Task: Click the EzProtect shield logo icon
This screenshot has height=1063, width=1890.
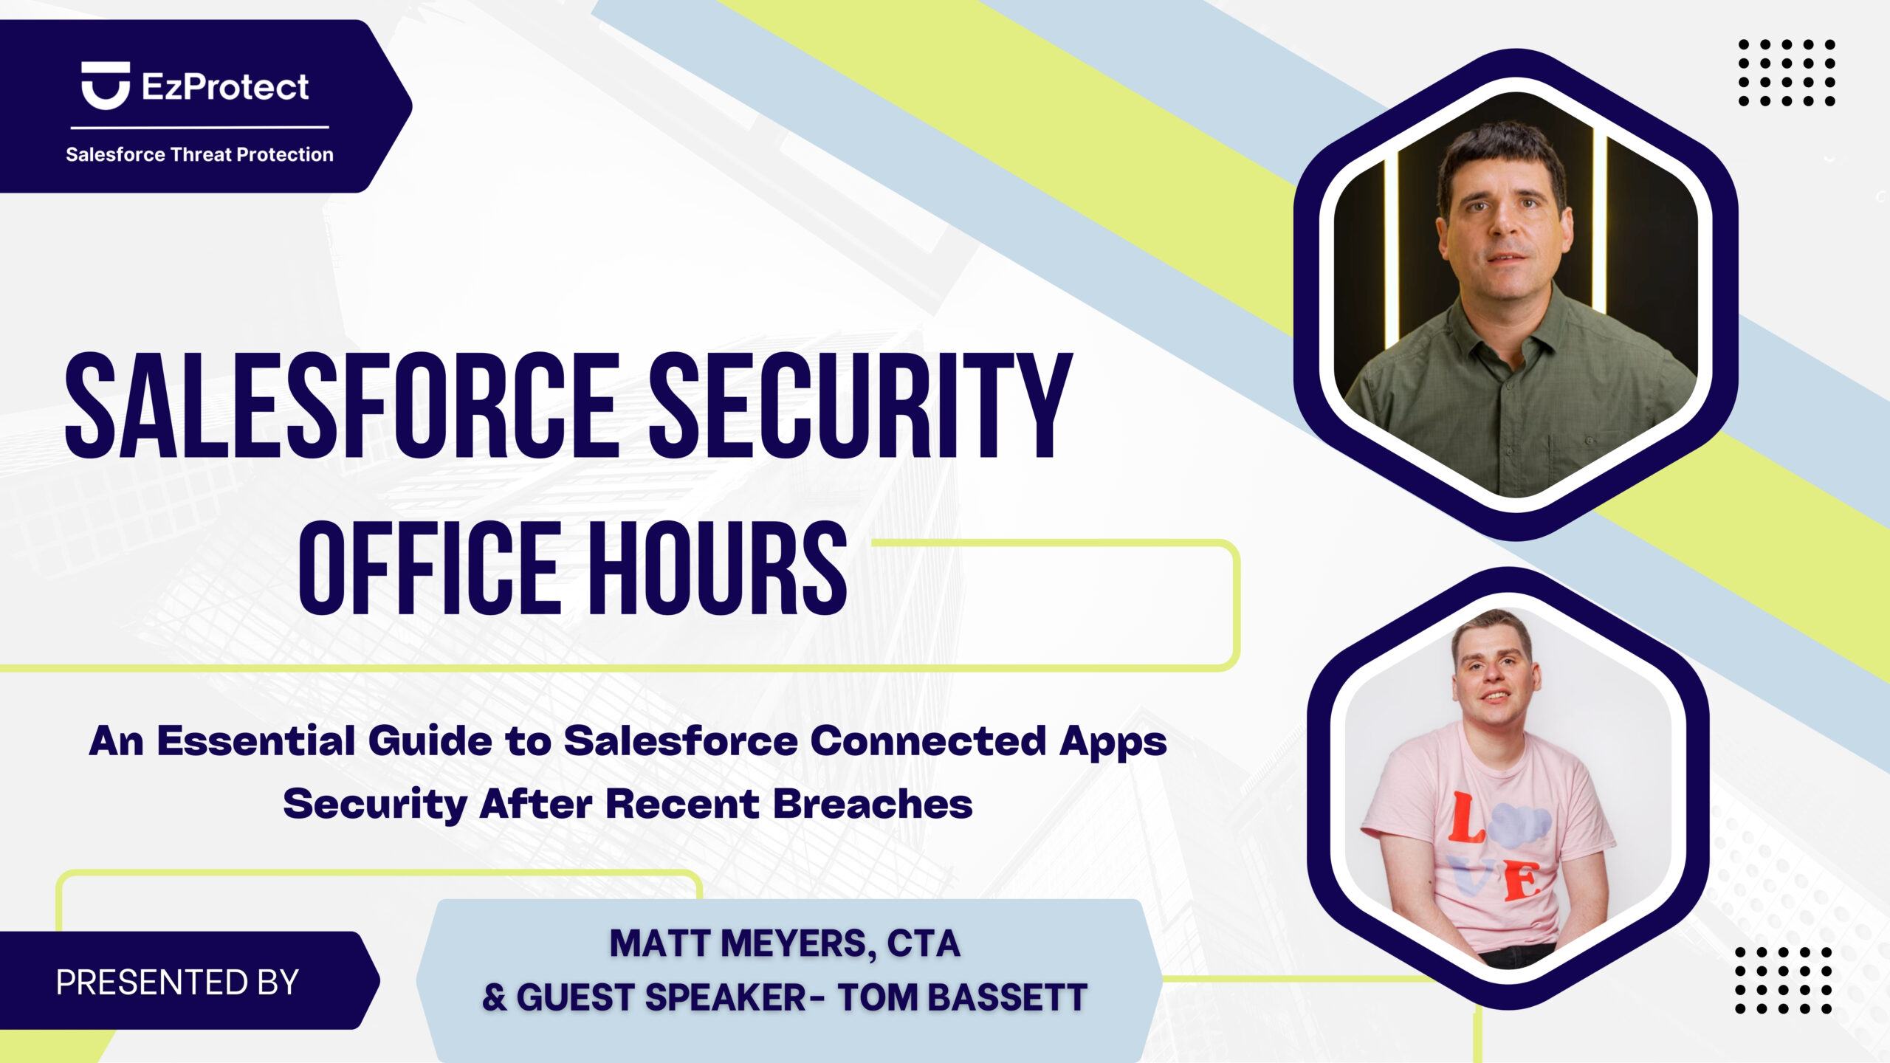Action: point(106,86)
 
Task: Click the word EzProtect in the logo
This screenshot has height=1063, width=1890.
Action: point(225,87)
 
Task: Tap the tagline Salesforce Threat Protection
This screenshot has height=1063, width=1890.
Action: point(199,154)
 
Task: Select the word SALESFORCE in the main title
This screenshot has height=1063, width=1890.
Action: point(342,405)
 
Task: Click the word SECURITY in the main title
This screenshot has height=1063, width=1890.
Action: point(860,405)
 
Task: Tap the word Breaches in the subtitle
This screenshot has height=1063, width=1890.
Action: point(873,803)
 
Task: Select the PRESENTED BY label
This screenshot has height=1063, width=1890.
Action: point(177,983)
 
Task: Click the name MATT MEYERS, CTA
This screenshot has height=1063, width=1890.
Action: point(785,943)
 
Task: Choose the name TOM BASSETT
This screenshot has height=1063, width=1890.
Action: point(962,997)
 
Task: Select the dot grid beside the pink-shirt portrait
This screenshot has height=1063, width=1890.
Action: point(1783,980)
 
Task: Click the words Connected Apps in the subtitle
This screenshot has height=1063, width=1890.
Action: point(989,742)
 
